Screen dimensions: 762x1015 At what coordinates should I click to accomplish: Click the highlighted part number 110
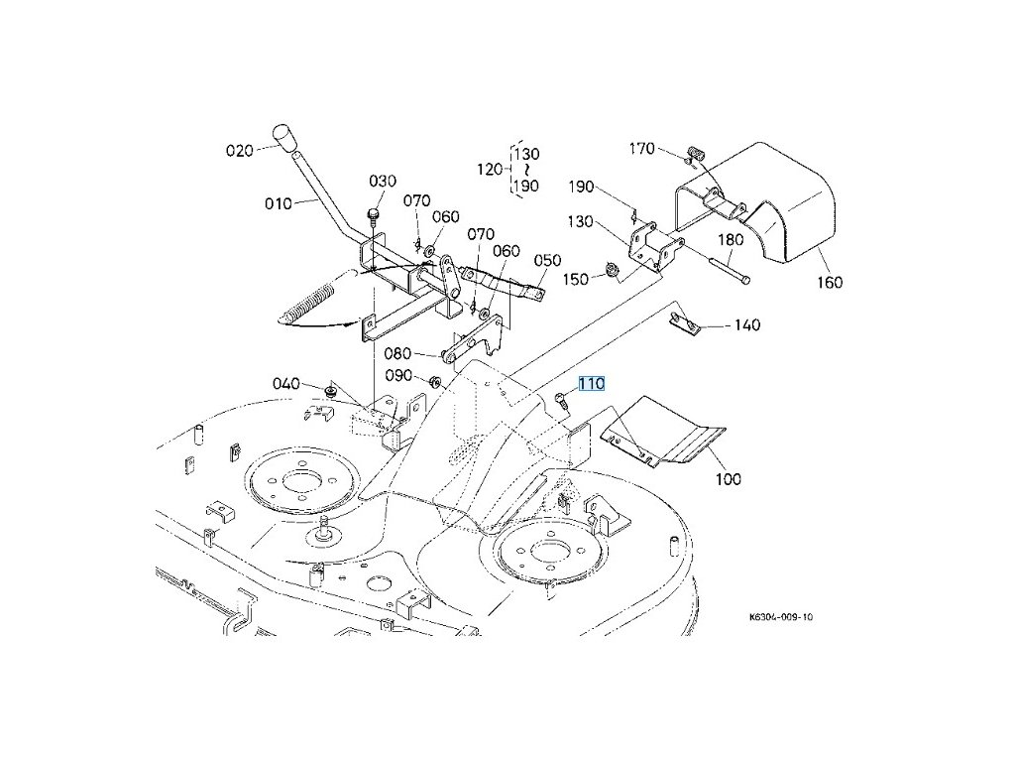click(x=592, y=384)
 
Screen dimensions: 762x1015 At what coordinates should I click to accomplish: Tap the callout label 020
click(x=240, y=151)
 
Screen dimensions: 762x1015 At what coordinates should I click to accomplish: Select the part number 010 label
click(x=279, y=203)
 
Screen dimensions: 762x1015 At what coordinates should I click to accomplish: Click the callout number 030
click(x=383, y=181)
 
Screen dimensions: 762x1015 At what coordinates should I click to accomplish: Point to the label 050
click(x=548, y=260)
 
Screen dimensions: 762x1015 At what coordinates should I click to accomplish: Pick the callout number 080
click(x=396, y=354)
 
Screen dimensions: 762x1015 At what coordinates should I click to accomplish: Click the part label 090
click(x=398, y=376)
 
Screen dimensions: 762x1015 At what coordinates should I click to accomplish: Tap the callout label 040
click(x=285, y=383)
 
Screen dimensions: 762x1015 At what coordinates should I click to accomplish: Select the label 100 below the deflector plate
click(x=728, y=479)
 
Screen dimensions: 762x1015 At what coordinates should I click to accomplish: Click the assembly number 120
click(x=491, y=170)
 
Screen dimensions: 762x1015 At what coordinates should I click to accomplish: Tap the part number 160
click(x=830, y=283)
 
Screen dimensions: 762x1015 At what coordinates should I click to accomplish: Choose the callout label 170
click(x=642, y=149)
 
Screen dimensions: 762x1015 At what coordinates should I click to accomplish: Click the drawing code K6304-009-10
click(x=781, y=616)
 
